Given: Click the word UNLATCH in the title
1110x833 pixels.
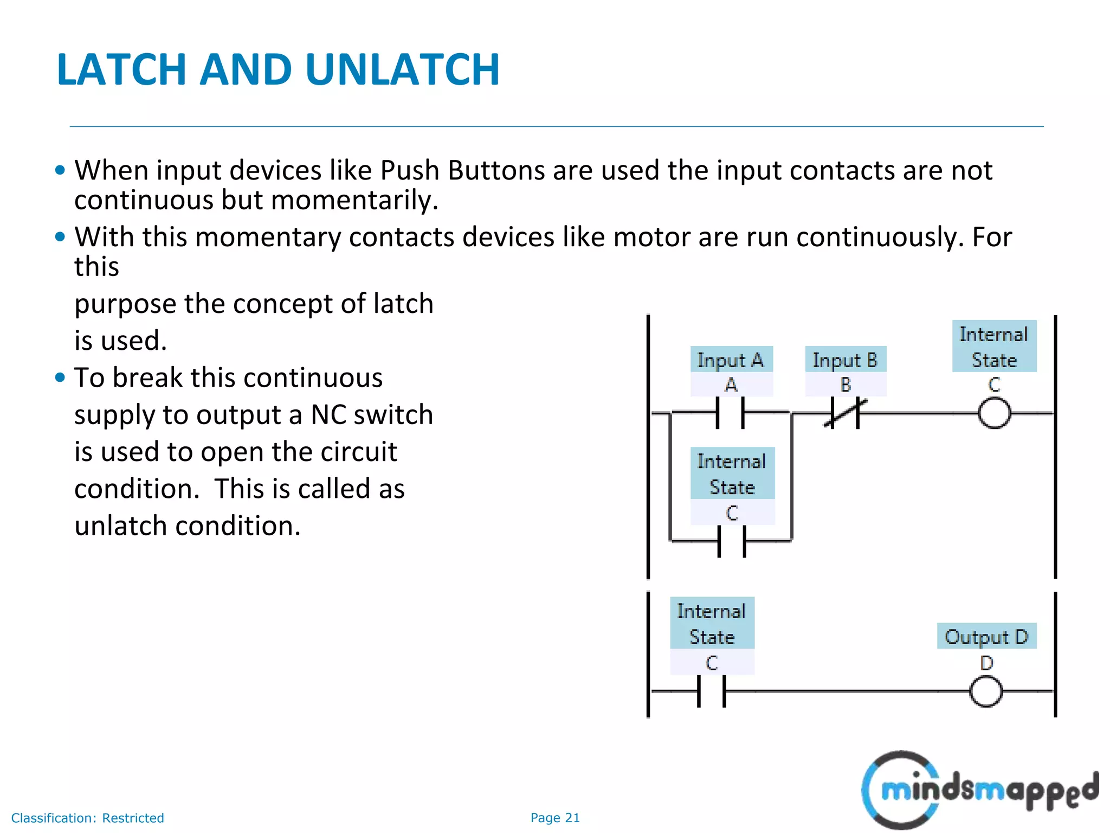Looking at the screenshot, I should click(402, 69).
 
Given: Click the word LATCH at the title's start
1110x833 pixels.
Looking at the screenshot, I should click(122, 69).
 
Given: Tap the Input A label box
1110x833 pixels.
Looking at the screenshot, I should click(731, 360).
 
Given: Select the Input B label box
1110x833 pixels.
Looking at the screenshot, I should click(845, 360).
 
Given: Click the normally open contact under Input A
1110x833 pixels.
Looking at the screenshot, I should click(730, 413).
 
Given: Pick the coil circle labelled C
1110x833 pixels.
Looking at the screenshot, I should click(994, 413).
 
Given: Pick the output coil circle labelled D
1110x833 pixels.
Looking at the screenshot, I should click(985, 691).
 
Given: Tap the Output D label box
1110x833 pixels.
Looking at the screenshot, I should click(986, 636).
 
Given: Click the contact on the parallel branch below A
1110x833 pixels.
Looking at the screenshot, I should click(732, 541).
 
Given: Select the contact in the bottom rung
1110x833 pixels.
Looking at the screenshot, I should click(712, 691).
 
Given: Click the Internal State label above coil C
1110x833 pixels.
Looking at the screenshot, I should click(993, 347).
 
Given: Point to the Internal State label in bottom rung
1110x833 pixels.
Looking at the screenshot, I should click(712, 623).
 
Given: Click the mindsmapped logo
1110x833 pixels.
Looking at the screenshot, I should click(980, 790).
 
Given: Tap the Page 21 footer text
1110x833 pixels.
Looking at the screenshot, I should click(555, 818).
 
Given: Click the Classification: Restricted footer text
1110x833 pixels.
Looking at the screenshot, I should click(87, 818).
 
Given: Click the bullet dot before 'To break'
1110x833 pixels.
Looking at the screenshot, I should click(60, 377).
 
